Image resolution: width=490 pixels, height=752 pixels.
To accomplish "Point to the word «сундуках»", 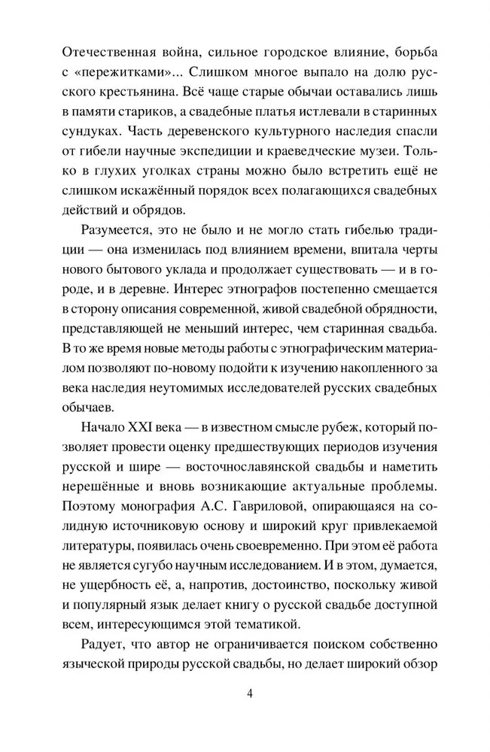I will pos(89,131).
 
